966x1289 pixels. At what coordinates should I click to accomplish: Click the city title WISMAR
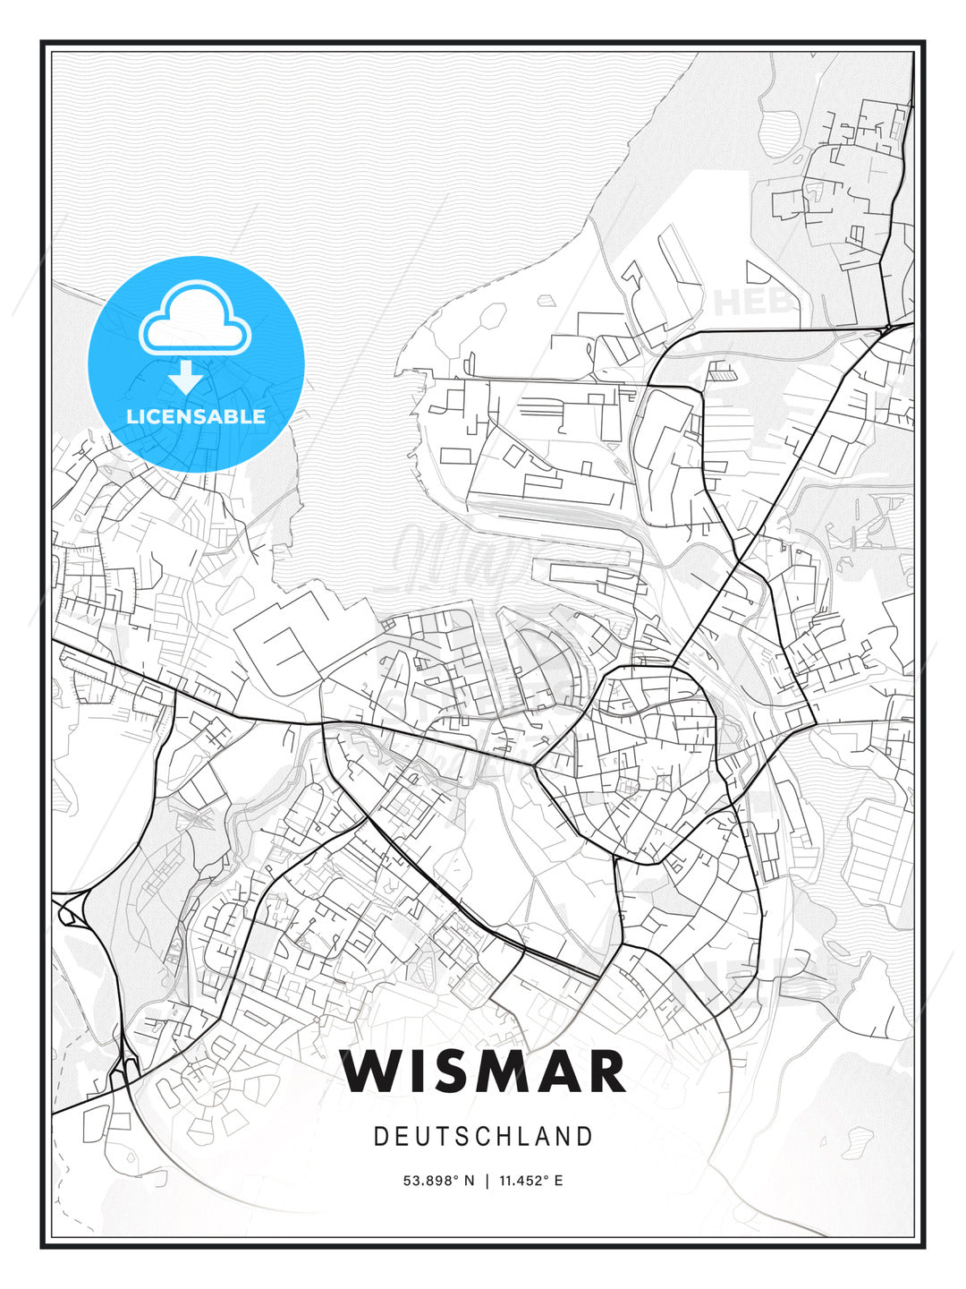pos(483,1071)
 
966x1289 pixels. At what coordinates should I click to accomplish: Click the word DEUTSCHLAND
pos(483,1137)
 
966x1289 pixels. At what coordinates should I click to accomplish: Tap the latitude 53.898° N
pos(439,1181)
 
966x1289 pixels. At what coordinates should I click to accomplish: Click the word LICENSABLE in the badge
pos(196,416)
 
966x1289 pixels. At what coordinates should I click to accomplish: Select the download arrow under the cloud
pos(186,377)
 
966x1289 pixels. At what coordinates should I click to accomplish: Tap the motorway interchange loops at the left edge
pos(70,911)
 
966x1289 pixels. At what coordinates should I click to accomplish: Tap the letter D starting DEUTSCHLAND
pos(379,1137)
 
